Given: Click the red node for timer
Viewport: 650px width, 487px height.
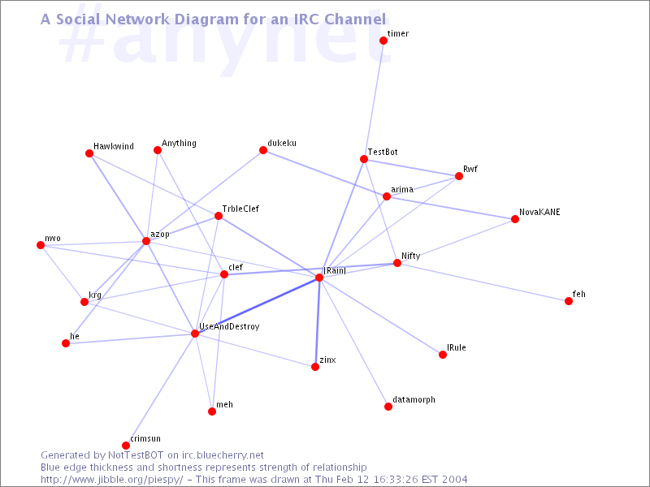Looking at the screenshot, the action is (x=383, y=41).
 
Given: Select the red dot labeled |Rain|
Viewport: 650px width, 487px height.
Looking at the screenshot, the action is (x=319, y=278).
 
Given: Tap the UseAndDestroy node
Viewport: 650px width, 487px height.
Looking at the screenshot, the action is (x=195, y=334).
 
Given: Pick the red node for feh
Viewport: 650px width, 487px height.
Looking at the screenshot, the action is (x=569, y=301).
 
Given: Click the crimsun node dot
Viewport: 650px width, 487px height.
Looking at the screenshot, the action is (x=126, y=446).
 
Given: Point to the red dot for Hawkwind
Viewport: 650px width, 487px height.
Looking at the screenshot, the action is (x=89, y=153).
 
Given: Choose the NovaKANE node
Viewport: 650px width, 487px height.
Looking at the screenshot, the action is (x=515, y=219).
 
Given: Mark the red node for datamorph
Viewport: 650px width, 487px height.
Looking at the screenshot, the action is (x=388, y=407).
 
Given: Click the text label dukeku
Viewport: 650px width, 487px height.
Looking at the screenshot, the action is (x=282, y=144).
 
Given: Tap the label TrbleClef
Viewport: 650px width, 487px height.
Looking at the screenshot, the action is (x=240, y=209).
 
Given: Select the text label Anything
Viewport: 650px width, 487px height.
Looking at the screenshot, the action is (x=179, y=144).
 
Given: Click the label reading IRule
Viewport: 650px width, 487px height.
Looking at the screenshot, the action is (x=457, y=348).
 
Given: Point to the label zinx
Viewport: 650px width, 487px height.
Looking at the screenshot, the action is (x=328, y=360).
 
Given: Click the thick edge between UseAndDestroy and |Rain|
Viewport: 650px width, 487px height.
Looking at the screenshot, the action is (x=257, y=306).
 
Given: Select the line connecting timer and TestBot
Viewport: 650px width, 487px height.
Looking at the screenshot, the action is (x=374, y=100).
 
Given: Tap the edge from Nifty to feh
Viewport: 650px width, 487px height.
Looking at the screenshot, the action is (x=483, y=282).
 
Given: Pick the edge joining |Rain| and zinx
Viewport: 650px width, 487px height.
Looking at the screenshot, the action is (x=317, y=322).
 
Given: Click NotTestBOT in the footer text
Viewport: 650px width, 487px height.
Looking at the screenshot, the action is (x=136, y=455).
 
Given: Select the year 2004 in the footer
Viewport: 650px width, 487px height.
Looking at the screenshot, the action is (x=454, y=480).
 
